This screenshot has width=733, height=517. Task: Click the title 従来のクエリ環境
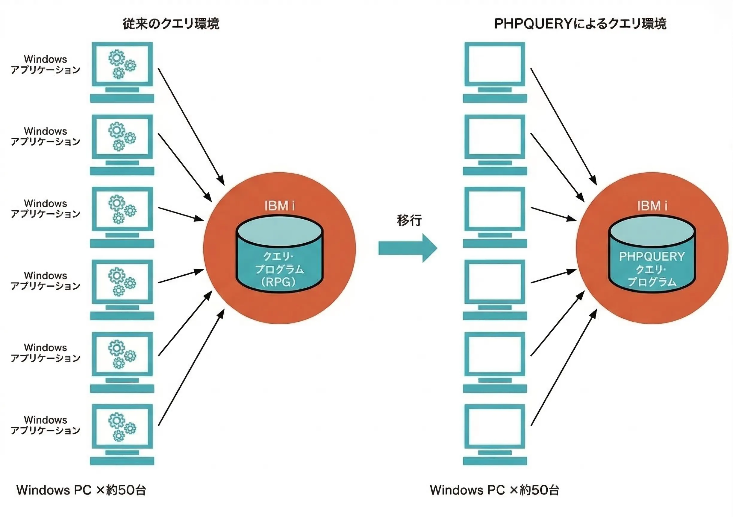[171, 24]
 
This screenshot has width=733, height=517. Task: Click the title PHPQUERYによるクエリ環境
[580, 24]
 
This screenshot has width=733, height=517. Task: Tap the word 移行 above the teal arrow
[409, 220]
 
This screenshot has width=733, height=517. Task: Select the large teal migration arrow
[407, 248]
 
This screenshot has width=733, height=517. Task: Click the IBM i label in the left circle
[279, 206]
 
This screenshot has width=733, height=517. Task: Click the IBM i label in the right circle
[652, 206]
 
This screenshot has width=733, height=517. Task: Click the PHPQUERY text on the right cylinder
[652, 256]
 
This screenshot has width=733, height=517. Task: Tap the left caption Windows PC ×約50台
[81, 490]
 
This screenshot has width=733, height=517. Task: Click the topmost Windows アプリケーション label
[45, 64]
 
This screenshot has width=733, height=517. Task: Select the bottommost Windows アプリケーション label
[45, 425]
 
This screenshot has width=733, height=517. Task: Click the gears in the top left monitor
[122, 64]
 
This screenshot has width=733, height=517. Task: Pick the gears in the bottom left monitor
[122, 427]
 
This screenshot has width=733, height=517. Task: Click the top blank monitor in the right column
[495, 64]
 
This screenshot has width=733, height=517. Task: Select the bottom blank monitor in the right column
[495, 427]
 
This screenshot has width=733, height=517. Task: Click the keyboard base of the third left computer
[122, 243]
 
